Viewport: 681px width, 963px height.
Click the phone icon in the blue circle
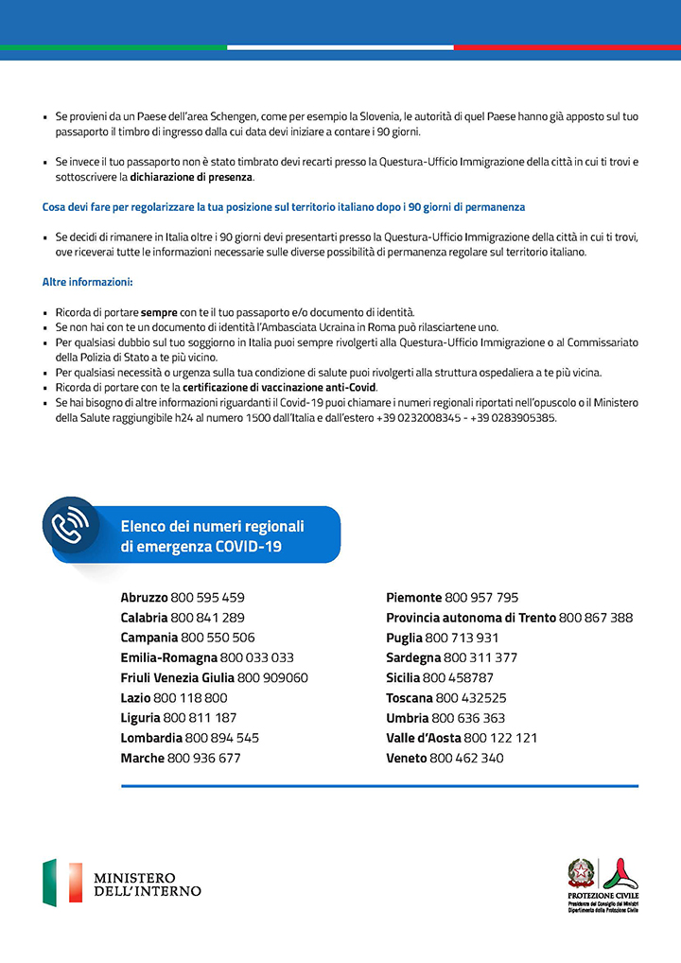point(71,526)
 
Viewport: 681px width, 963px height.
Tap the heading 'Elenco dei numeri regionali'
point(212,526)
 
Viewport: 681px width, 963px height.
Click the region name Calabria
point(144,618)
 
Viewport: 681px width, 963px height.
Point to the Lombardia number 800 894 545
point(222,738)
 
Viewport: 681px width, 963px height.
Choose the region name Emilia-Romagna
point(168,657)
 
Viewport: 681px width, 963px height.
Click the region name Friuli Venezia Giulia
point(177,678)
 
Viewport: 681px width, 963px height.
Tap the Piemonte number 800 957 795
point(481,598)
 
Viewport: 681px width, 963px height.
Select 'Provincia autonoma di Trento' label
point(471,618)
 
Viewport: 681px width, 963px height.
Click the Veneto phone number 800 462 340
point(466,759)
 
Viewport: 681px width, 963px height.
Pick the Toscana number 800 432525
point(470,698)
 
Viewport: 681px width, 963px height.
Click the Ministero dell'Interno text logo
point(147,884)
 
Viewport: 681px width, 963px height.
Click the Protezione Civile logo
point(602,885)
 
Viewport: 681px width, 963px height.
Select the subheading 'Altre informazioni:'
point(87,282)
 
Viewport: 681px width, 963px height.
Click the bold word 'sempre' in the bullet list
point(159,312)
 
